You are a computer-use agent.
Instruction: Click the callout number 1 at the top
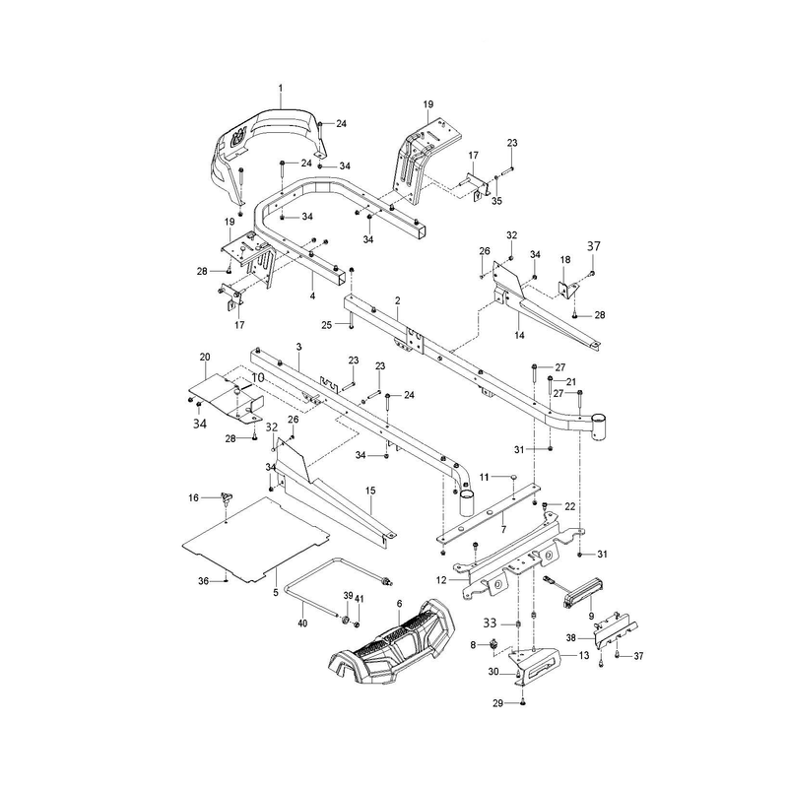click(x=281, y=89)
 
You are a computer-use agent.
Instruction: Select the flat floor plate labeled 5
click(x=255, y=540)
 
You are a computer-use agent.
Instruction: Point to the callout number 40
click(x=302, y=624)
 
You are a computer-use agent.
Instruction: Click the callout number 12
click(x=441, y=580)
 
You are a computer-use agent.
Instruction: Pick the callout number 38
click(x=571, y=638)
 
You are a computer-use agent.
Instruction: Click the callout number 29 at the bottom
click(x=497, y=703)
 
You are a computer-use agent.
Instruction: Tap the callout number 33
click(x=490, y=624)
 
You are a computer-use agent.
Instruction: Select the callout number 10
click(x=257, y=377)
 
